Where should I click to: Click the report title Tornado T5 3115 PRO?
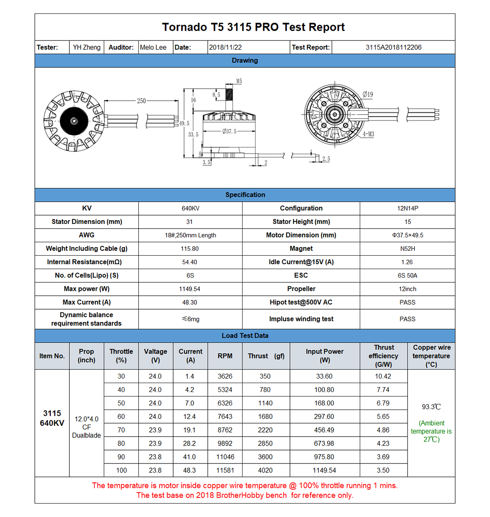253,27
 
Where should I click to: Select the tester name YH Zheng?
87,47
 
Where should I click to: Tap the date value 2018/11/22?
225,47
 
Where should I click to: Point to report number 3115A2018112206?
393,47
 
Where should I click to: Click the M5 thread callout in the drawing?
239,81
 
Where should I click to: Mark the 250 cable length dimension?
141,100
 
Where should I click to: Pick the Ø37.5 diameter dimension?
229,131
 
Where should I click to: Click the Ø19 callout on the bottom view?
368,94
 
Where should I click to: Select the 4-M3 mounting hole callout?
368,134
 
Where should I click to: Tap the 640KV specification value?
190,209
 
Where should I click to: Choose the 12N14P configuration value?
408,209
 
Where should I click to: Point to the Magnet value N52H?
408,249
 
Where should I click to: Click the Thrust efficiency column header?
383,356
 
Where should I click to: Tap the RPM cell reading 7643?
225,417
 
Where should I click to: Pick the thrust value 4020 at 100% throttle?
265,470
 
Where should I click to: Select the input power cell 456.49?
324,430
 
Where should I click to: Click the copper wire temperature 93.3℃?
431,407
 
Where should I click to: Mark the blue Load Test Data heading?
245,336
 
